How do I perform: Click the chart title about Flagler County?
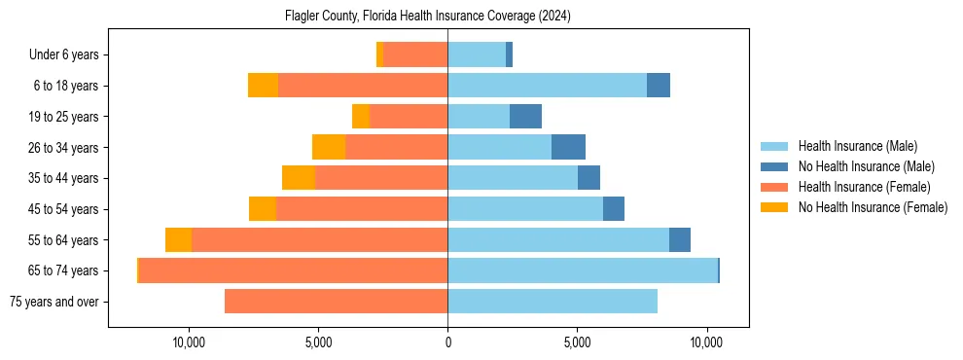click(428, 17)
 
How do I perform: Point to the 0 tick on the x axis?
click(447, 342)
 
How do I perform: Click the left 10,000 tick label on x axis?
click(189, 342)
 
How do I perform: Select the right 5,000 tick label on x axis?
click(577, 342)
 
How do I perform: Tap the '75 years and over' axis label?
click(54, 302)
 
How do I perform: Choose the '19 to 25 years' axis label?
click(63, 117)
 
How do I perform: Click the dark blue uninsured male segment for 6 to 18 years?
click(659, 86)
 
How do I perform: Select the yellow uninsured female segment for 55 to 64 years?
click(178, 239)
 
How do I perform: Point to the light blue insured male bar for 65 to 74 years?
click(582, 270)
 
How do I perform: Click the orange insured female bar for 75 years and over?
click(336, 302)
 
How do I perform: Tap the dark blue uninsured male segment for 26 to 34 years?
click(568, 147)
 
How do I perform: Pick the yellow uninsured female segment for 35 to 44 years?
click(299, 178)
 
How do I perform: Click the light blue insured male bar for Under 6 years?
click(477, 55)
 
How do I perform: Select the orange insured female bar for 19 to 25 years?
click(409, 117)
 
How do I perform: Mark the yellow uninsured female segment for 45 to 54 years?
click(263, 209)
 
